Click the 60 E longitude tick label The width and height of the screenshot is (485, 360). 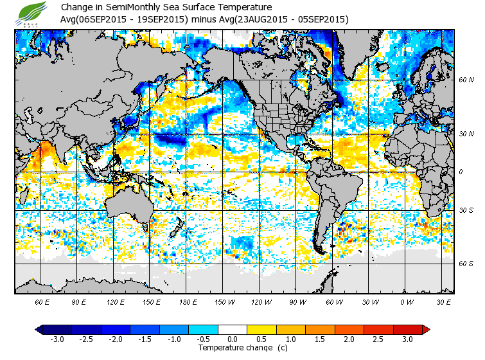coord(42,301)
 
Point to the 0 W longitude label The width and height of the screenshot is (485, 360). coord(407,301)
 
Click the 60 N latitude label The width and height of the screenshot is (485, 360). coord(466,80)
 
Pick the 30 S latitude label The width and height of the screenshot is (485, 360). coord(466,210)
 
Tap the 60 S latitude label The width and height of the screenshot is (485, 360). coord(466,264)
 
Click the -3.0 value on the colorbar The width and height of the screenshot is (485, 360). coord(57,339)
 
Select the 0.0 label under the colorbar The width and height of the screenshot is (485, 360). coord(233,339)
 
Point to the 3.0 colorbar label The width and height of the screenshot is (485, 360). coord(407,339)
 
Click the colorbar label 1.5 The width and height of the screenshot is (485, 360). coord(320,339)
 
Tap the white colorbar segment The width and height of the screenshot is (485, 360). coord(233,329)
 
